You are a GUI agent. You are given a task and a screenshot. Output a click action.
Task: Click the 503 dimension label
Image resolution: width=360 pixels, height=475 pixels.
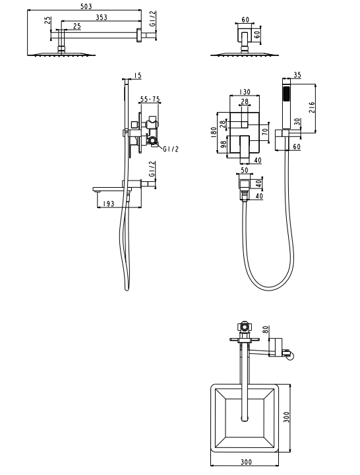86,6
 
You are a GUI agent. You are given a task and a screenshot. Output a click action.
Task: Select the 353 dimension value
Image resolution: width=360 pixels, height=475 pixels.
102,17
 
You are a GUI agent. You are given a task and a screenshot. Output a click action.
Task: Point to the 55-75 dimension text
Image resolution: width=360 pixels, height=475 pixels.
150,99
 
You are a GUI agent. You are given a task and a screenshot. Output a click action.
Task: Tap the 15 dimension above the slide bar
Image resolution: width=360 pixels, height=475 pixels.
138,75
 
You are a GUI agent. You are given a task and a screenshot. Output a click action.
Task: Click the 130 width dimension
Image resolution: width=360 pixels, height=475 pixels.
245,92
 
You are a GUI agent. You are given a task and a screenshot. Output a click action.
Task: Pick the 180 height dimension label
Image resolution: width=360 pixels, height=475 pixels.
214,132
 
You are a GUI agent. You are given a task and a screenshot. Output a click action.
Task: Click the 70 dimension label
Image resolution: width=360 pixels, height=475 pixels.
265,132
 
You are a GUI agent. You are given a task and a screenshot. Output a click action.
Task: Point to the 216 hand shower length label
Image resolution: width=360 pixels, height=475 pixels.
312,108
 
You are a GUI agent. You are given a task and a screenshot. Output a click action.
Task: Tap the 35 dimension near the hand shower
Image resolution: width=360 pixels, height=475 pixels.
297,75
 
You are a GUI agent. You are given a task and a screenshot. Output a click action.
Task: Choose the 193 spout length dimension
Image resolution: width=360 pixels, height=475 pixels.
108,204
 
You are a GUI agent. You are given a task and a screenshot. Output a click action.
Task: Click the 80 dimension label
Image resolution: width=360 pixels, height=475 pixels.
265,329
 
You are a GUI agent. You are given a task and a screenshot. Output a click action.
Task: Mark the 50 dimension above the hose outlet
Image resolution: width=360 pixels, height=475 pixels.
244,170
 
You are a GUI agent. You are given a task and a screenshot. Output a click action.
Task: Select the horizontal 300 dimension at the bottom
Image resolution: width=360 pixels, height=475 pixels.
247,470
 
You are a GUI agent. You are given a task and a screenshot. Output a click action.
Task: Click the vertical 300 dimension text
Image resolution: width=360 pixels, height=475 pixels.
286,417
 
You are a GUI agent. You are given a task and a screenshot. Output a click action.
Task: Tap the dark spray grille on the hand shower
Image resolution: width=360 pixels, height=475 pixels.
285,94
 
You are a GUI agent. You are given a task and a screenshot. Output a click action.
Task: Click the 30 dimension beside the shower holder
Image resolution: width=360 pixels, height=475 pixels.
297,122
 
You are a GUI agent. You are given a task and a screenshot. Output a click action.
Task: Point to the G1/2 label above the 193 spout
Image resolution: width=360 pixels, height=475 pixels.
152,169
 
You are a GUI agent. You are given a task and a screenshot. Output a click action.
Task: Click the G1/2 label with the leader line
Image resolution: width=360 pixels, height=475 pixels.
171,149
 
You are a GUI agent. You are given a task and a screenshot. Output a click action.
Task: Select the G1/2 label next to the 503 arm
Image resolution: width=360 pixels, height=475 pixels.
153,19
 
